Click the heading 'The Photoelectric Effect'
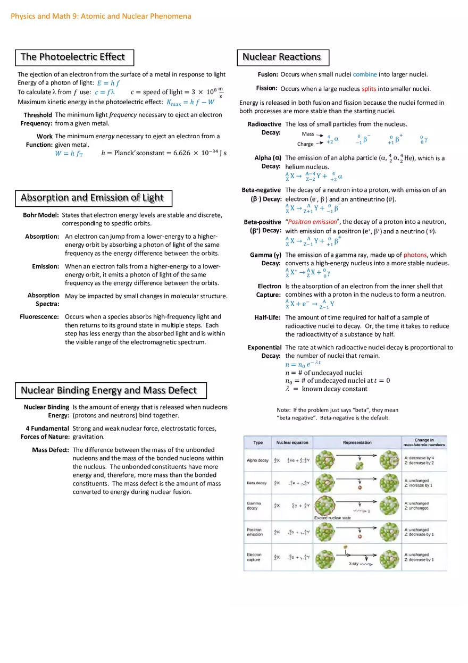73,57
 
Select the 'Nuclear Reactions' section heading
282,57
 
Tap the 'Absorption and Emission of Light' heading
93,198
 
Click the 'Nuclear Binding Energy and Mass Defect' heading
109,390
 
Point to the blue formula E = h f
108,83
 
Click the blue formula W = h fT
69,154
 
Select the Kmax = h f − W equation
190,102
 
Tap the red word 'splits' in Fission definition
369,89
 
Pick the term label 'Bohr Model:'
40,215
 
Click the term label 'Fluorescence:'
39,316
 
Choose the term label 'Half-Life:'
268,317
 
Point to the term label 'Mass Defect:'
51,450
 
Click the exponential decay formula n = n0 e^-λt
303,364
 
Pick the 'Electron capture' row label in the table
254,557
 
